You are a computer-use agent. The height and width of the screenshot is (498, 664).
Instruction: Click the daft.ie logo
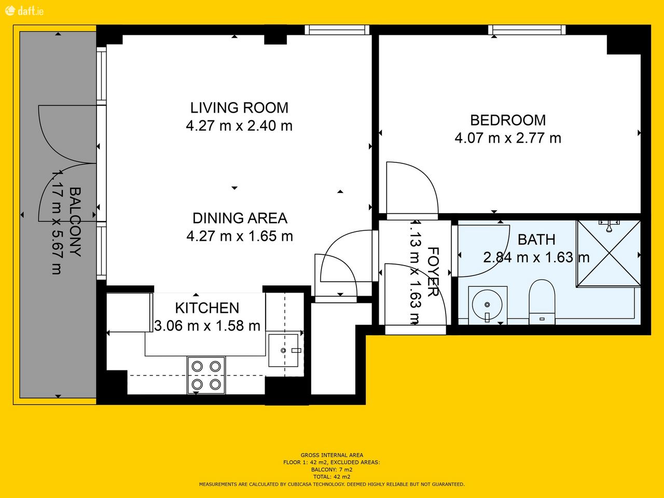pos(24,11)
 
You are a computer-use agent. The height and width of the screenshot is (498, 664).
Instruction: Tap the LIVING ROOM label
pos(239,108)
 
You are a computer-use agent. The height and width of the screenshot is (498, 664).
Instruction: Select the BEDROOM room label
pos(508,120)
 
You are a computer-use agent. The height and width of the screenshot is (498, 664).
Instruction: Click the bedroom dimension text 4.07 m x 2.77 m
pos(508,138)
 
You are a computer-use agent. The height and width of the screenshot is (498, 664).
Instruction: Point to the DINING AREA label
pos(240,218)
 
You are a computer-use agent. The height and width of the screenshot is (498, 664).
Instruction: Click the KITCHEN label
pos(207,308)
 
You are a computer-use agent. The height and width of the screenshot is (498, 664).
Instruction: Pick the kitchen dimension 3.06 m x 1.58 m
pos(207,326)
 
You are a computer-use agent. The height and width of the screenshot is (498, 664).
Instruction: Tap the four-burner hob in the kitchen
pos(206,375)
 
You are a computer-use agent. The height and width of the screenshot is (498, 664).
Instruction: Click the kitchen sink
pos(283,350)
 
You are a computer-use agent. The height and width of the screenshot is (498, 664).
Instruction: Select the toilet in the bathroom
pos(542,301)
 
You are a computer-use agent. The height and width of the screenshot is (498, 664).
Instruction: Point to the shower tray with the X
pos(608,253)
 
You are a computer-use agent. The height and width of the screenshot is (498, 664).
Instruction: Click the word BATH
pos(536,240)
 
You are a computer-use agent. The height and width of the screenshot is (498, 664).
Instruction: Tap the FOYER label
pos(433,272)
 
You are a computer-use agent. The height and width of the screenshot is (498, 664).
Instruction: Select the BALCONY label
pos(75,222)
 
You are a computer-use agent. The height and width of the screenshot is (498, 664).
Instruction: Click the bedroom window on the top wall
pos(527,30)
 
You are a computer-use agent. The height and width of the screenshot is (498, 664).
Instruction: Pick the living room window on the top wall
pos(337,30)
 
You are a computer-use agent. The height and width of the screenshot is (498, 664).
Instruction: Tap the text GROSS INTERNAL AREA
pos(332,455)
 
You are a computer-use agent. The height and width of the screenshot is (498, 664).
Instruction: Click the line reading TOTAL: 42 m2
pos(332,477)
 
